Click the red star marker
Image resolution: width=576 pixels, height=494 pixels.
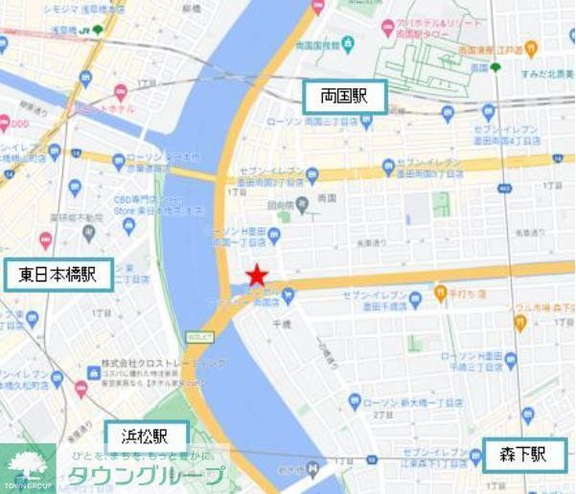(x=256, y=277)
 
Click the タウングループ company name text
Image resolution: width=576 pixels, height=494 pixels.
(x=146, y=476)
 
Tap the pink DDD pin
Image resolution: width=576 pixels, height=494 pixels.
(x=5, y=123)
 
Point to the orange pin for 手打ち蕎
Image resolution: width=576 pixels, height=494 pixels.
(x=442, y=295)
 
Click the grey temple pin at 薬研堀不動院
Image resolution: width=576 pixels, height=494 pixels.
(x=89, y=230)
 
